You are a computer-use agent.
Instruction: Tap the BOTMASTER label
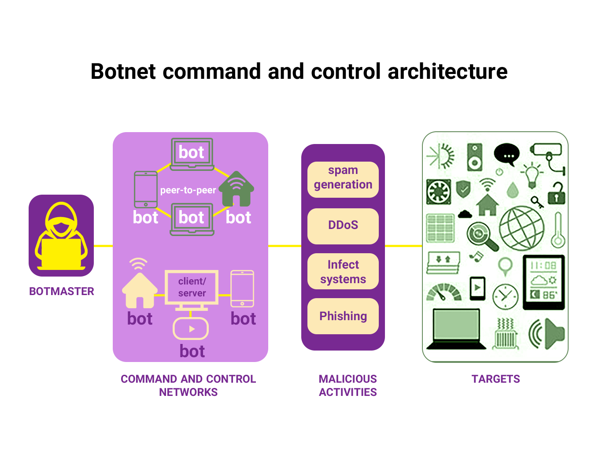tap(61, 291)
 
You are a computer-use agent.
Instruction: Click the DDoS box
tap(343, 225)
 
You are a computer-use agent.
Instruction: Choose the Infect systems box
tap(343, 271)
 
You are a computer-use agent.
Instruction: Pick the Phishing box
tap(343, 316)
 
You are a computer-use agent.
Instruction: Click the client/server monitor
tap(192, 288)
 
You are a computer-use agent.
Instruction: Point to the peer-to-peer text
tap(188, 190)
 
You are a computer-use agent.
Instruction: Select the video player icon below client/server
tap(191, 329)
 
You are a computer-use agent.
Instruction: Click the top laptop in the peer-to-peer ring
tap(192, 154)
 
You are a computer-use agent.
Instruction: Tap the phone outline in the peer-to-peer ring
tap(145, 189)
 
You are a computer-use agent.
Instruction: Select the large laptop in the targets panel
tap(456, 329)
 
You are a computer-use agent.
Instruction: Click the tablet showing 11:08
tap(544, 282)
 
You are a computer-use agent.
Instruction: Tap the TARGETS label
tap(495, 379)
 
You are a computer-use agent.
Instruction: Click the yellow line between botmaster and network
tap(103, 246)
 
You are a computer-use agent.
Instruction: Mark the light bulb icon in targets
tap(532, 174)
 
